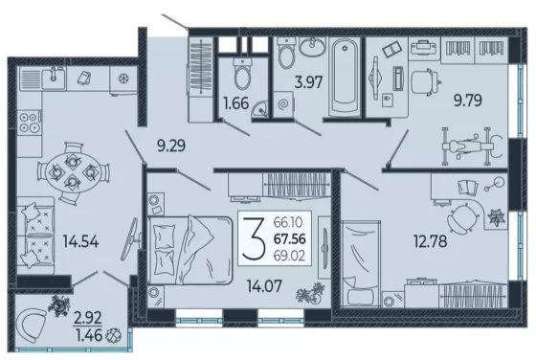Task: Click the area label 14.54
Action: point(80,241)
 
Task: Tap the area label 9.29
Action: point(171,146)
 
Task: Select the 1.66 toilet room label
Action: point(235,102)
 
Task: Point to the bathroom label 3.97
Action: point(308,82)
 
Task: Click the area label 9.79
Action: point(468,101)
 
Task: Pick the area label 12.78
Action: point(430,241)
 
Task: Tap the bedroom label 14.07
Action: point(264,286)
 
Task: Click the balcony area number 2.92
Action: point(88,318)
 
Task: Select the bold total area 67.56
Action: point(289,239)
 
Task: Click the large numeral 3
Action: point(254,238)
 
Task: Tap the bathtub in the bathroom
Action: point(345,77)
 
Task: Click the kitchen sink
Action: point(43,79)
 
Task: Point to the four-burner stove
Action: point(30,123)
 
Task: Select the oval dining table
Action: point(73,172)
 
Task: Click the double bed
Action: point(190,250)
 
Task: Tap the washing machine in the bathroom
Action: point(283,104)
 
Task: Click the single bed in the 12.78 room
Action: point(361,264)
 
